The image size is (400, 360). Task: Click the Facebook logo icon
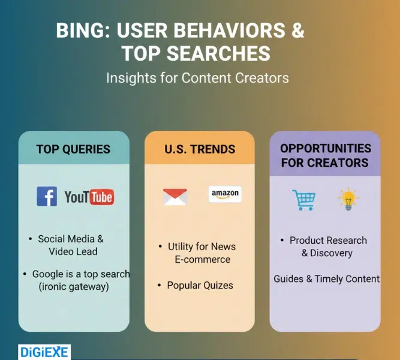coord(47,196)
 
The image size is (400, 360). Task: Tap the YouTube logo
coord(89,197)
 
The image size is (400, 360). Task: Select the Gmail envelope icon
coord(175,197)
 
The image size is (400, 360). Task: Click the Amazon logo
coord(225,194)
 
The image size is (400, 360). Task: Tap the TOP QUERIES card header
coord(73,149)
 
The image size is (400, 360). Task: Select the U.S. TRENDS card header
coord(200,149)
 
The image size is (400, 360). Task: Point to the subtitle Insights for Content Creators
coord(197,78)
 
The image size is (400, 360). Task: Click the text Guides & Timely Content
coord(326,278)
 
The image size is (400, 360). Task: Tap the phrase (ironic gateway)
coord(74,287)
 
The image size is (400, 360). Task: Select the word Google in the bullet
coord(48,274)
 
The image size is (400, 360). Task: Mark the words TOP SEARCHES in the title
coord(196,53)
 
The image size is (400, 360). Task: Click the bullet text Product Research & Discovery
coord(327,247)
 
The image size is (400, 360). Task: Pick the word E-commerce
coord(202,259)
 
